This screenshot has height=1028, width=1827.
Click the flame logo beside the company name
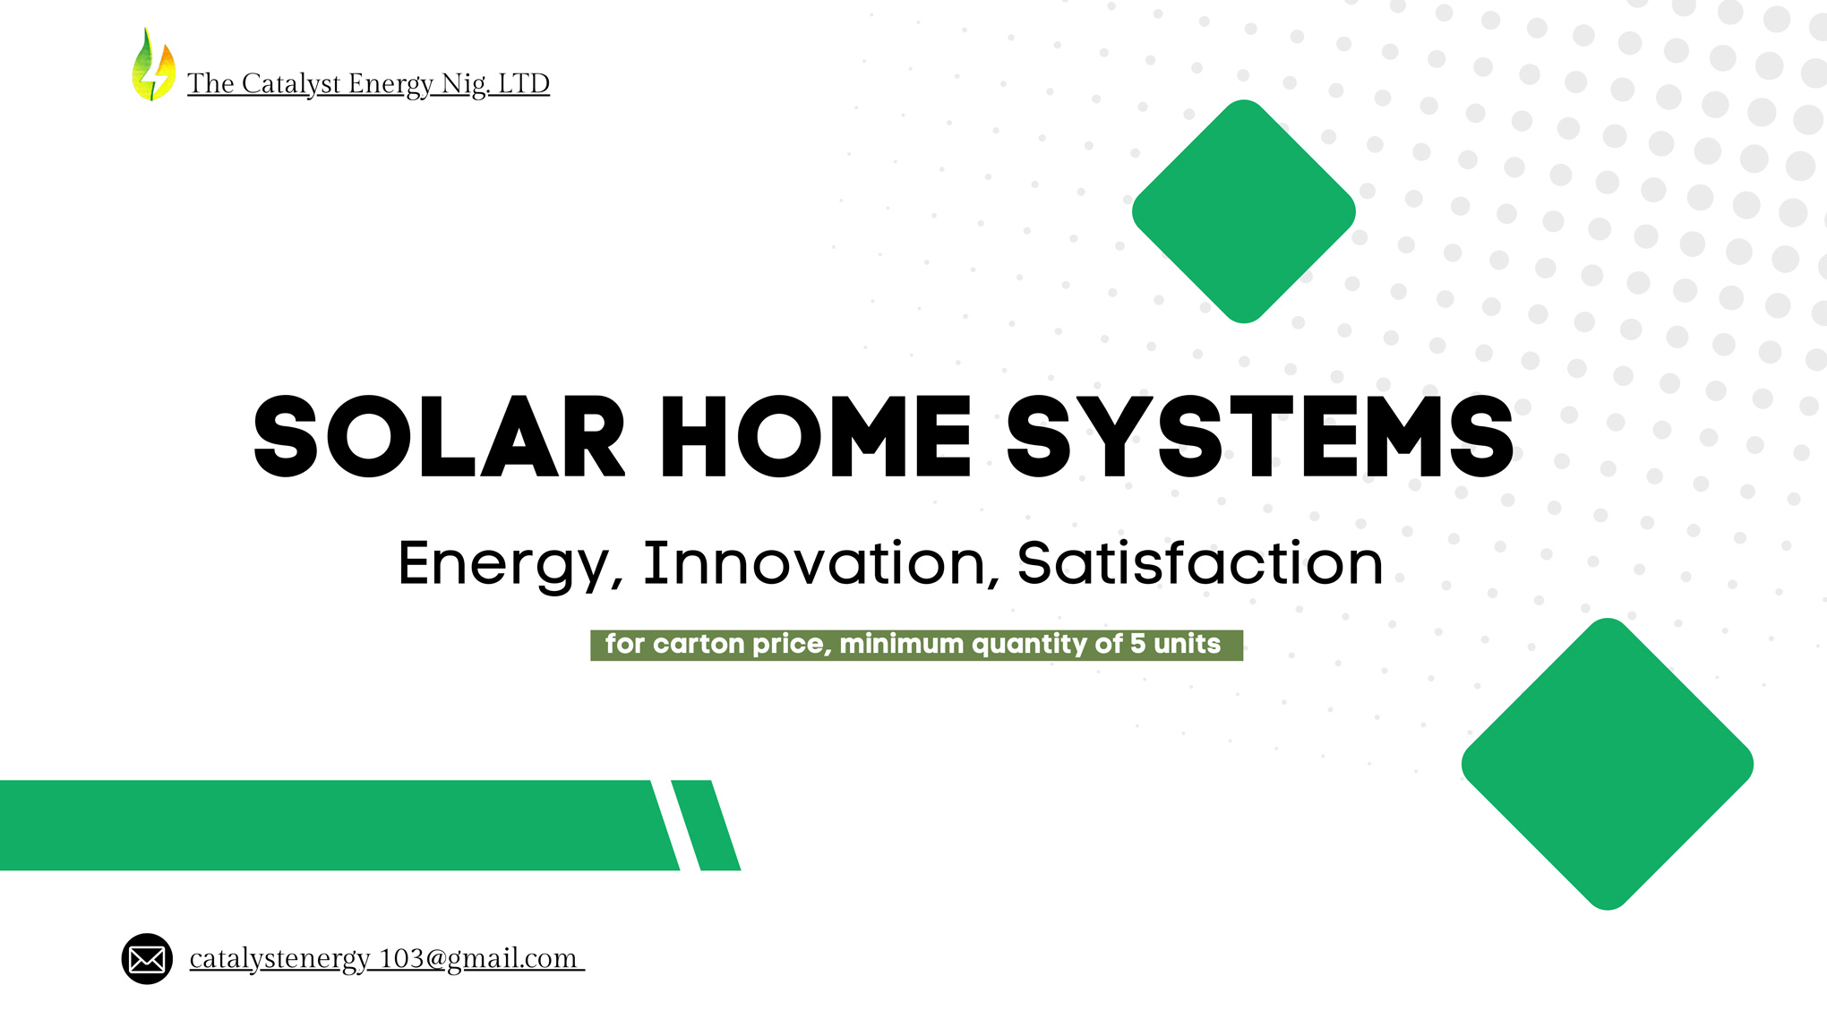(x=153, y=64)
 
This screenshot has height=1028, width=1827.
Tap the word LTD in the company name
(x=523, y=83)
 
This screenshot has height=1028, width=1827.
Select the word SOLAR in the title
(x=440, y=437)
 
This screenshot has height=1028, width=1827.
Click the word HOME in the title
(x=816, y=437)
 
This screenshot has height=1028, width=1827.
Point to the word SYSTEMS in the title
(x=1260, y=437)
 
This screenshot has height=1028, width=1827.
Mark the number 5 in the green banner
(x=1137, y=644)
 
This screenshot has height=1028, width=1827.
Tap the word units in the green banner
(x=1187, y=644)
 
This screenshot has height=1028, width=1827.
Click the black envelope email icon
(x=147, y=959)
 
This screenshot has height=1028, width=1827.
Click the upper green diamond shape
(x=1244, y=211)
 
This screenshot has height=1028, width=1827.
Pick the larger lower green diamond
(x=1608, y=764)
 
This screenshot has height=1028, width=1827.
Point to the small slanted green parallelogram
(x=706, y=825)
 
